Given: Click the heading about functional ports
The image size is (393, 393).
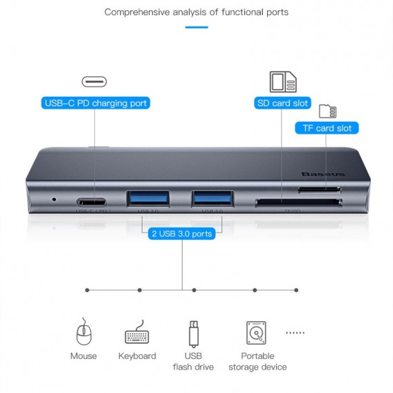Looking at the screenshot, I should [196, 12].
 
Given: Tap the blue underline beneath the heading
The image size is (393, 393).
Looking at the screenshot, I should [196, 28].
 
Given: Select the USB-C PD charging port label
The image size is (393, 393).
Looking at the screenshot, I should [95, 104].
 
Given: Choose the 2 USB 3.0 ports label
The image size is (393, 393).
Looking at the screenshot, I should [182, 234].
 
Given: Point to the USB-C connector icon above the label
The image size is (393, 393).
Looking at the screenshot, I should [95, 82].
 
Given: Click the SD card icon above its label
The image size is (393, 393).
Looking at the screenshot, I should [282, 81].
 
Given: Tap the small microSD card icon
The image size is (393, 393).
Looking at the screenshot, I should [327, 111].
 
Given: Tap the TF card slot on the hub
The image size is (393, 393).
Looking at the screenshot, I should [319, 189].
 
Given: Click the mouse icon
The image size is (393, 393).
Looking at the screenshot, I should [84, 333].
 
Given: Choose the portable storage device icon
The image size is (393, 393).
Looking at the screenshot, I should [257, 333].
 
